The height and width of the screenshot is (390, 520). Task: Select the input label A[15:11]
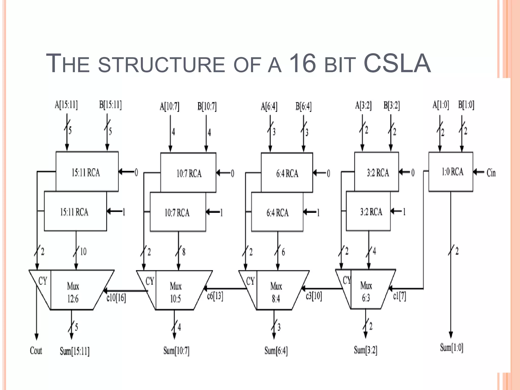(66, 105)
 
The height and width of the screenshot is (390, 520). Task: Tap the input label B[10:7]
(207, 106)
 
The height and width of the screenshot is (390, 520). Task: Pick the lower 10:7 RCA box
(178, 212)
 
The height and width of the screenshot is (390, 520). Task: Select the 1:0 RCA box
(451, 172)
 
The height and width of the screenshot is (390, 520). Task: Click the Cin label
(491, 173)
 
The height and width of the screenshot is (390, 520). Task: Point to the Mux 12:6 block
(73, 292)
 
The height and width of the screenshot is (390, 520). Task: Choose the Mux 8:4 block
(276, 292)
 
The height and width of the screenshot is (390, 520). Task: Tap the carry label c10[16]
(116, 297)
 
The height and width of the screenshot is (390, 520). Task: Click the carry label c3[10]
(314, 296)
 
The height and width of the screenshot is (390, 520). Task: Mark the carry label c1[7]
(400, 296)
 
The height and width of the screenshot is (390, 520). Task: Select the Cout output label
(36, 351)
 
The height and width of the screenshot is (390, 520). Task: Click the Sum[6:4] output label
(276, 351)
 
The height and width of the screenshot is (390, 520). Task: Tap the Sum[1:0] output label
(452, 347)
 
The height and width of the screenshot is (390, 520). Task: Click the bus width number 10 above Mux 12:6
(83, 251)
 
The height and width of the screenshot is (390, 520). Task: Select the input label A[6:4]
(269, 106)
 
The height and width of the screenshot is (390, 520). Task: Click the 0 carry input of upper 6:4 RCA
(328, 173)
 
